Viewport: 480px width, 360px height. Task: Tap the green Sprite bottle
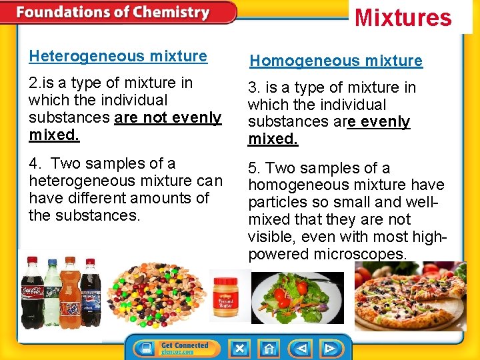coord(53,293)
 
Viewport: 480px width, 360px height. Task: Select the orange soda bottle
coord(71,293)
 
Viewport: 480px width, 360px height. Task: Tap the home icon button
coord(268,348)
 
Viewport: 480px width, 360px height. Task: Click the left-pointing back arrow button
coord(301,348)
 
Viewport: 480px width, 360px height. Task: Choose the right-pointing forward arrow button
coord(329,348)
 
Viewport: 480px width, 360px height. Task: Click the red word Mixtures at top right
coord(403,17)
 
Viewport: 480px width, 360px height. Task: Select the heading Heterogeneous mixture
coord(118,57)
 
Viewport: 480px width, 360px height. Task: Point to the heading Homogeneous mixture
coord(336,61)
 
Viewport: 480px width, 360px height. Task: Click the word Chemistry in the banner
coord(171,13)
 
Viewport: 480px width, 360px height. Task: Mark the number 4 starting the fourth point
coord(33,163)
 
